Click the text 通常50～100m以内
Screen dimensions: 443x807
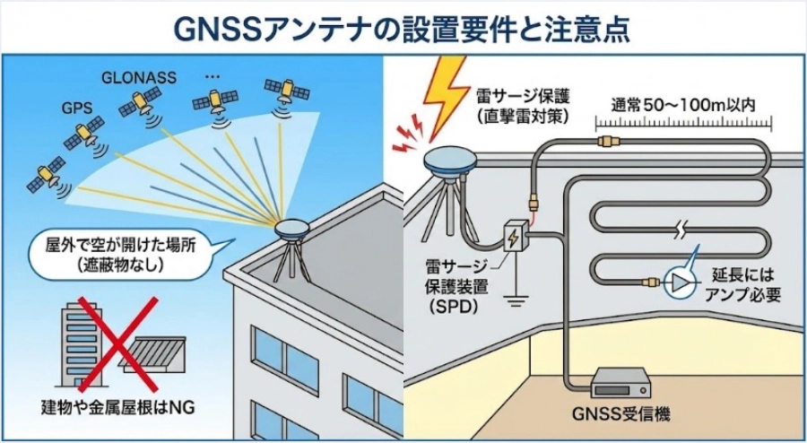[x=681, y=104]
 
